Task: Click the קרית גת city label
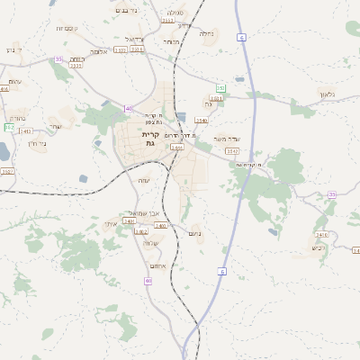[x=149, y=138]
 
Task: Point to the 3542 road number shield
[x=233, y=152]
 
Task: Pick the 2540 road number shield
[x=201, y=120]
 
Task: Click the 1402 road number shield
[x=141, y=231]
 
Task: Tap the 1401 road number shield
[x=130, y=220]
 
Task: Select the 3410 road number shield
[x=4, y=88]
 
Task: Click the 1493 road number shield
[x=26, y=131]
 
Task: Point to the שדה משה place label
[x=234, y=140]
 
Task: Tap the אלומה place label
[x=100, y=51]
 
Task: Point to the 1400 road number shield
[x=177, y=147]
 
